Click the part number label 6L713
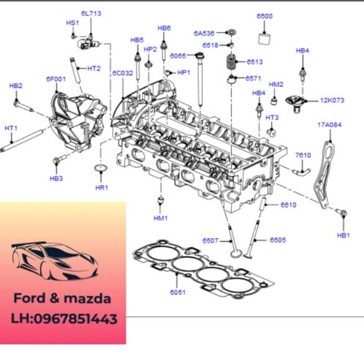coord(91,14)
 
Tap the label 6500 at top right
coord(264,16)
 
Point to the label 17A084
coord(329,125)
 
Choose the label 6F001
coord(56,78)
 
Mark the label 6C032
coord(122,73)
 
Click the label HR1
coord(102,187)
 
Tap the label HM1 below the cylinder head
coord(161,218)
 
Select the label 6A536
coord(204,33)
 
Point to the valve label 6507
coord(211,240)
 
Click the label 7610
coord(303,155)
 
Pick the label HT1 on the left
coord(11,129)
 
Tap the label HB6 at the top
coord(164,28)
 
